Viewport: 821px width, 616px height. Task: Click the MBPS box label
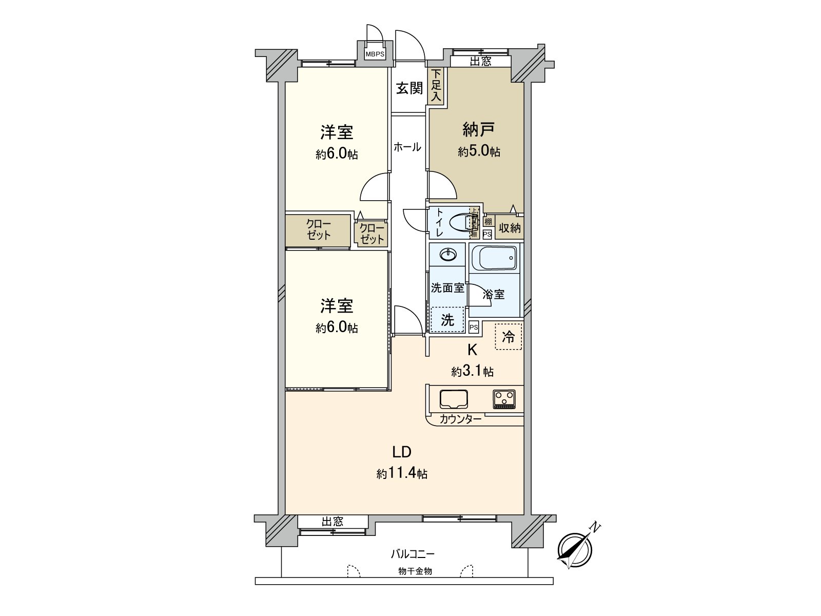tap(375, 54)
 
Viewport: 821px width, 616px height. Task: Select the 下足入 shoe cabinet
tap(436, 86)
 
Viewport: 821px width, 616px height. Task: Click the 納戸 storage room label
tap(478, 129)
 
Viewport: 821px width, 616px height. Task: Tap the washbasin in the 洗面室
tap(449, 254)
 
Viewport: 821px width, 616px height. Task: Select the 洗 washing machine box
tap(447, 320)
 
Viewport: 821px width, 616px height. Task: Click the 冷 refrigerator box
tap(508, 337)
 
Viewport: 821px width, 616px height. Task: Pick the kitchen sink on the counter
tap(454, 399)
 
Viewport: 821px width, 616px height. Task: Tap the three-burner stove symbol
tap(504, 398)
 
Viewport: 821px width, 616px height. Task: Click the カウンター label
tap(460, 419)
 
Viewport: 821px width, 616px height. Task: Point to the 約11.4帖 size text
tap(402, 473)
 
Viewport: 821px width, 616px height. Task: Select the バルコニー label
tap(413, 554)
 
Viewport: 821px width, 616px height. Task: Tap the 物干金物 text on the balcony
tap(415, 571)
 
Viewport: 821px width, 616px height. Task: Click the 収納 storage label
tap(510, 227)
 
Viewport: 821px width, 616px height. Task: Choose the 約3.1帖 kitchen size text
tap(473, 371)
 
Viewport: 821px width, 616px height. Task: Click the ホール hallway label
tap(407, 147)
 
